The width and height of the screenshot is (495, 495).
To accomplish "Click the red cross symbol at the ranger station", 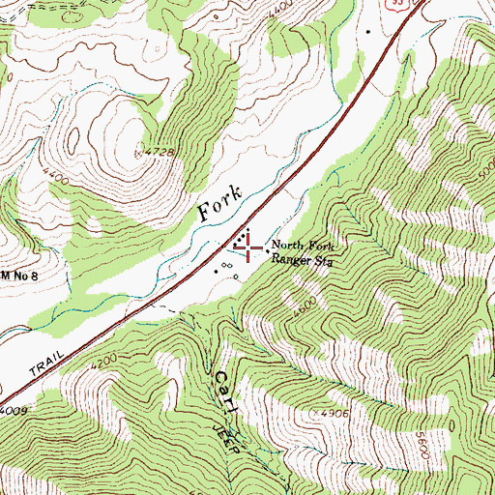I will [x=249, y=248].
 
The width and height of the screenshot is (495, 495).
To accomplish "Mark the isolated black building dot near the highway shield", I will [x=368, y=31].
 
